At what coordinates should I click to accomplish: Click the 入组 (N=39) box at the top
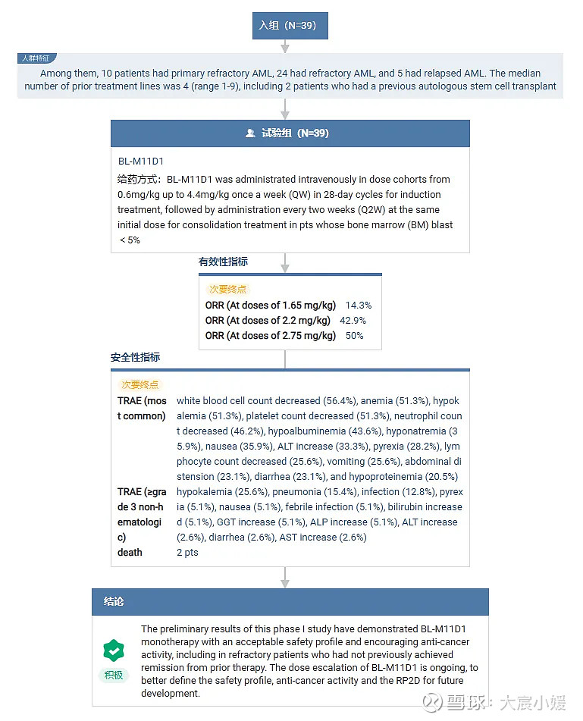click(290, 25)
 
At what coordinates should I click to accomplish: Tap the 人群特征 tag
click(37, 58)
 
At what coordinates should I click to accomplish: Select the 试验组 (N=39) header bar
click(290, 133)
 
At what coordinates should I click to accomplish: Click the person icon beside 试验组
click(250, 133)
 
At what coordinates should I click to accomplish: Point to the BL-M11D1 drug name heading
click(141, 161)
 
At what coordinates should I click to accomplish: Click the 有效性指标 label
click(223, 262)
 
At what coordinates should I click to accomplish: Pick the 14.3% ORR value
click(359, 306)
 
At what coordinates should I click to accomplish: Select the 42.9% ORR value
click(353, 321)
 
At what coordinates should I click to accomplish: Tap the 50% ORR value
click(354, 336)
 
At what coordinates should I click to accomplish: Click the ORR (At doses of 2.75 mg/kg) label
click(270, 336)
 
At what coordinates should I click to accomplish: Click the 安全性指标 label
click(135, 357)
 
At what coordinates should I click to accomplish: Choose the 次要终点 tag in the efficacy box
click(227, 289)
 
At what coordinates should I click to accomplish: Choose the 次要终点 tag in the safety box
click(140, 385)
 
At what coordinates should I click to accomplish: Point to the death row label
click(130, 553)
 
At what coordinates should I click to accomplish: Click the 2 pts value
click(187, 553)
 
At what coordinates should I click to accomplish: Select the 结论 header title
click(114, 601)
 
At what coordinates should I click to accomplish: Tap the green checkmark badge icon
click(113, 650)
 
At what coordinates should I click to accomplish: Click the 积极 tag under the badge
click(113, 675)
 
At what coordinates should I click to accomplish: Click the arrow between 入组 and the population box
click(285, 45)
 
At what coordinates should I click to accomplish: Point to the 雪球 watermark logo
click(433, 704)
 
